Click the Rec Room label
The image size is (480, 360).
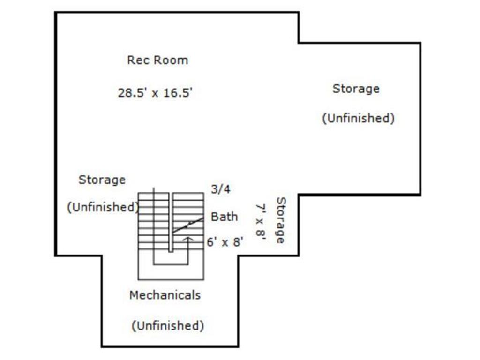157,60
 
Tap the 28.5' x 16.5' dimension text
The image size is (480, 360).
155,92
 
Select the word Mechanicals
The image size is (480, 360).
165,295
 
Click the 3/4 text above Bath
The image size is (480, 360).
221,189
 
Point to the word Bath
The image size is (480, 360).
225,217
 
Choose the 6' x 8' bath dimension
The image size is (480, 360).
225,242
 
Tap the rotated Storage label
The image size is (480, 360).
281,220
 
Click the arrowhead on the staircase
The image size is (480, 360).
188,239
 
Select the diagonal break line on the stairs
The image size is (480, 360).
188,225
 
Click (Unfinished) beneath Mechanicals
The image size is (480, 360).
168,325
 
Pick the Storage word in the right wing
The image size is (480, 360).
356,89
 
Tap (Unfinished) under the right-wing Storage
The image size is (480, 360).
359,118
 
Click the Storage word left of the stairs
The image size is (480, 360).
102,180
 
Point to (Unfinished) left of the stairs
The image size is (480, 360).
103,207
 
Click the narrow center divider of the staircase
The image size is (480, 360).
171,222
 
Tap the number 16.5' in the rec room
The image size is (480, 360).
178,92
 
